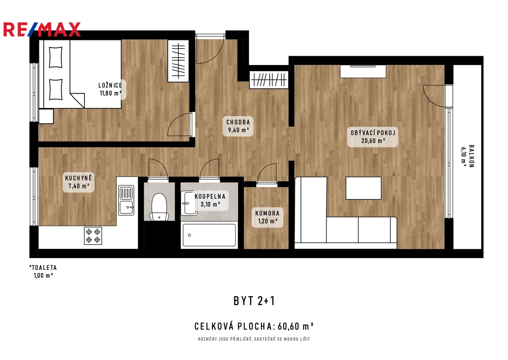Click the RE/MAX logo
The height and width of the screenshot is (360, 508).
[x=42, y=29]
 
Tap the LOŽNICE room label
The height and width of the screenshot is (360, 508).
[x=110, y=85]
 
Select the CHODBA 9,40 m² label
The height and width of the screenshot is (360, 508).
[x=238, y=126]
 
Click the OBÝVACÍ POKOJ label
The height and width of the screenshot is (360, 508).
[x=373, y=133]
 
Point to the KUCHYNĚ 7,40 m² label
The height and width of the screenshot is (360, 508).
[x=78, y=182]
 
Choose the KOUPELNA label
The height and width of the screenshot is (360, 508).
[x=210, y=197]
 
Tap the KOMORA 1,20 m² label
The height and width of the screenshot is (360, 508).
[x=268, y=217]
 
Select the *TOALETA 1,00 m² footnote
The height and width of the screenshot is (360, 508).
[x=43, y=272]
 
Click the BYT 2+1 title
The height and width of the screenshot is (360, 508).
[x=254, y=301]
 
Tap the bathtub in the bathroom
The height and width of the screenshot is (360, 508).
[x=209, y=235]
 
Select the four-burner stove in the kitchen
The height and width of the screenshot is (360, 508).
[x=93, y=236]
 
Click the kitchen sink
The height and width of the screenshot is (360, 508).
[x=126, y=200]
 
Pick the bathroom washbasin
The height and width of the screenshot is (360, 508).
[x=189, y=203]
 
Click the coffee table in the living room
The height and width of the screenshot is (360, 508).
[x=363, y=188]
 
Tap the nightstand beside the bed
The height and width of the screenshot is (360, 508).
[x=46, y=116]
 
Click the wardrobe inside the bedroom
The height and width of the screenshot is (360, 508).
[x=178, y=61]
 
